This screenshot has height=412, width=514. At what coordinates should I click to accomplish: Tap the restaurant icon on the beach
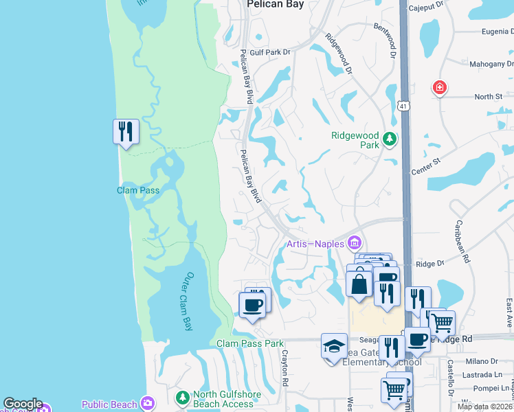[126, 131]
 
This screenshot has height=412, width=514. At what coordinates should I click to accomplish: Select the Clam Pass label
[138, 190]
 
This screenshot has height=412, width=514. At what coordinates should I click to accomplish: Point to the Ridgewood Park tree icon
[390, 139]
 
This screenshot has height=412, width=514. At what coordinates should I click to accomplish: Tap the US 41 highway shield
[403, 105]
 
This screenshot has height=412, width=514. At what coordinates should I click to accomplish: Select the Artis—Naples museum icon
[355, 243]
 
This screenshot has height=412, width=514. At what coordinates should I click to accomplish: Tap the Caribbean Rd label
[462, 241]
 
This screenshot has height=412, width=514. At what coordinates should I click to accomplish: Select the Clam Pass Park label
[249, 343]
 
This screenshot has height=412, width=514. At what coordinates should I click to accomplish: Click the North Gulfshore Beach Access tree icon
[182, 398]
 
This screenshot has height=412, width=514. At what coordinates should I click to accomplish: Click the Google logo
[23, 404]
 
